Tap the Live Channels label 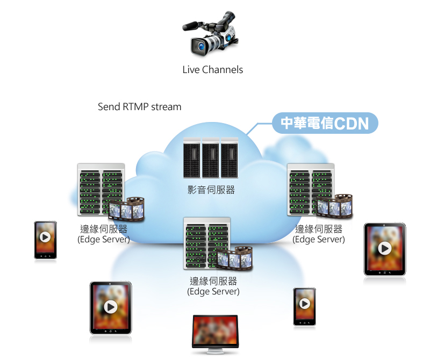point(213,70)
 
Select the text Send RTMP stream point(140,107)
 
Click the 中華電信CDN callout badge point(325,124)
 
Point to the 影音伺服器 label point(211,190)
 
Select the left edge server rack point(101,189)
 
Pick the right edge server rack point(310,189)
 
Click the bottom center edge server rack point(207,242)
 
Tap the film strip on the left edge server point(127,209)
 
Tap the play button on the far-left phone point(45,237)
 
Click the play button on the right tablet point(384,248)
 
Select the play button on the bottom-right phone point(304,304)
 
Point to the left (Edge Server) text point(104,240)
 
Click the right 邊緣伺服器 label point(319,229)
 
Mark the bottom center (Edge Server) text point(213,292)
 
